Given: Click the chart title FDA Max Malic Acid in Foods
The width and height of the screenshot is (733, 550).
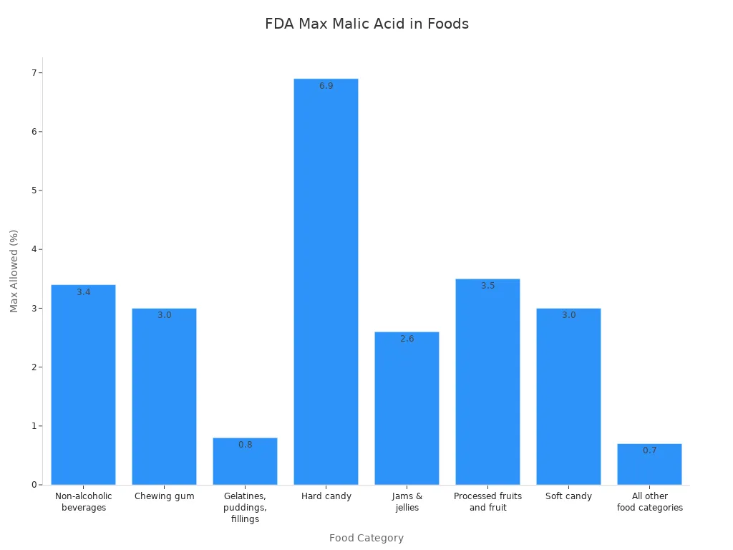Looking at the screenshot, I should [x=366, y=24].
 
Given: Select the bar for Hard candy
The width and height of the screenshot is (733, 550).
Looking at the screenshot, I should [x=326, y=286].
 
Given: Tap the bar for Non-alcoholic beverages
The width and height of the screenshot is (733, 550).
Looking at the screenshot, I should [x=83, y=387].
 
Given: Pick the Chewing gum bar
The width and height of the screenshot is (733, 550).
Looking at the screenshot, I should [x=164, y=397].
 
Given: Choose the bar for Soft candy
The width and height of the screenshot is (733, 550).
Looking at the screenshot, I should [x=568, y=397].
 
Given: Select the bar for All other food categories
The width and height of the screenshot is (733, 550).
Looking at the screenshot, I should [x=649, y=465].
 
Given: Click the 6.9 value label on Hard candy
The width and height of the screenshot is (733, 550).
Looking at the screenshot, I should [x=326, y=86].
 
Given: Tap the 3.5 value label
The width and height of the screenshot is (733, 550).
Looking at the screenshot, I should [x=487, y=286].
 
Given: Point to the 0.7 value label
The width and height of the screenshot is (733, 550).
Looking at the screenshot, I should [x=649, y=450].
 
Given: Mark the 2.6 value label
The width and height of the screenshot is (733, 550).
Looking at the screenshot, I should [x=407, y=339].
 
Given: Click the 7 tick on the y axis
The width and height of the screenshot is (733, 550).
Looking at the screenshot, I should [x=33, y=73].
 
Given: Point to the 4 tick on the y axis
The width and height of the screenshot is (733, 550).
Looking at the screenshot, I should [x=33, y=249].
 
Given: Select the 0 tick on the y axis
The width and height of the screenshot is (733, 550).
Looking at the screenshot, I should [x=33, y=485].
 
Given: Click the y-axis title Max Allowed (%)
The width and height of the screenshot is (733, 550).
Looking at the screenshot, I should [x=14, y=271].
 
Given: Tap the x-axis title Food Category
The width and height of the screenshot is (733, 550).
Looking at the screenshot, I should [x=366, y=538].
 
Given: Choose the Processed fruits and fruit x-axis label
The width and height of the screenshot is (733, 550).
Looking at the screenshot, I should [x=487, y=502].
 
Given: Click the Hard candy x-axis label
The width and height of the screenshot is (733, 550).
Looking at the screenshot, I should [x=326, y=496].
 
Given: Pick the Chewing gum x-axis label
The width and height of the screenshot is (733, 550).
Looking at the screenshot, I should [x=164, y=496].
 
